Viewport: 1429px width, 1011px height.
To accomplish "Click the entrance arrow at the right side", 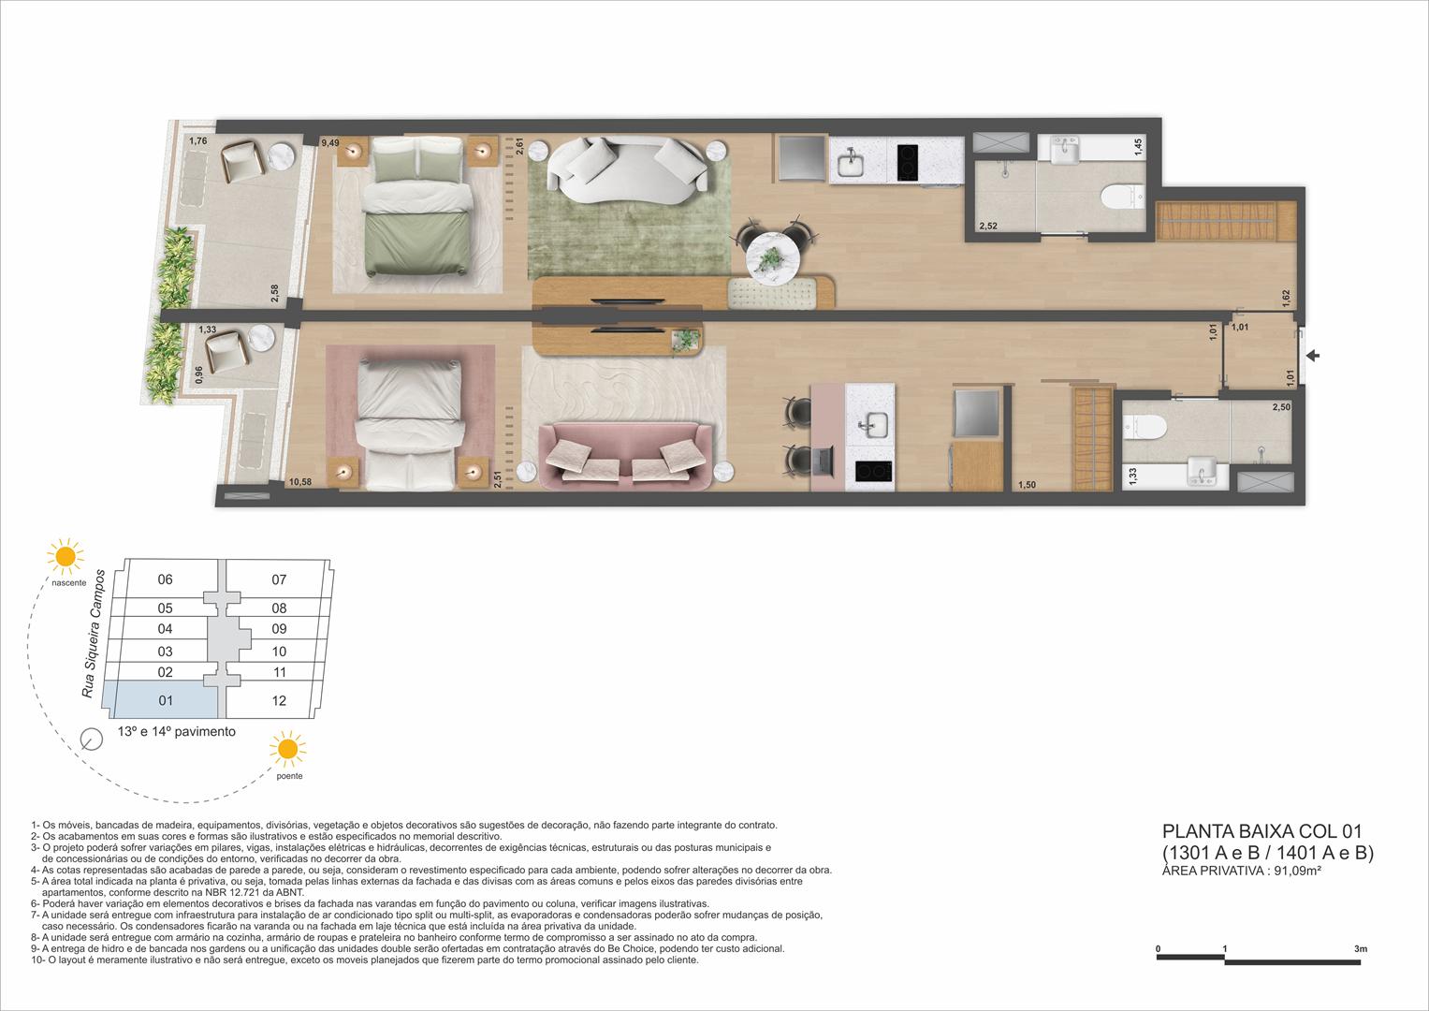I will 1313,356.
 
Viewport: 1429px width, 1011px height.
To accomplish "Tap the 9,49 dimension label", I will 328,144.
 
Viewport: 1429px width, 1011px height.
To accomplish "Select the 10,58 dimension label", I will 300,482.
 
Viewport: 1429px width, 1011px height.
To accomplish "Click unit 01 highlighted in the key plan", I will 166,700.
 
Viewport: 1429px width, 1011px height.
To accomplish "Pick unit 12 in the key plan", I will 279,700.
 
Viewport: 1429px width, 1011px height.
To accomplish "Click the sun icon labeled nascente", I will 66,556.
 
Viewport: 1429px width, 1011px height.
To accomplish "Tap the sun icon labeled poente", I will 287,750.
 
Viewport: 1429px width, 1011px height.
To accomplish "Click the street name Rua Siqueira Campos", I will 93,632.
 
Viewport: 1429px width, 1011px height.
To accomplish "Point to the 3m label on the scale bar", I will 1360,949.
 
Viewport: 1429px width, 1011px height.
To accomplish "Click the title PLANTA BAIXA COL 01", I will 1261,831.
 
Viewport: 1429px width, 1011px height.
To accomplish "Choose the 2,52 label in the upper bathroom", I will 988,227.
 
